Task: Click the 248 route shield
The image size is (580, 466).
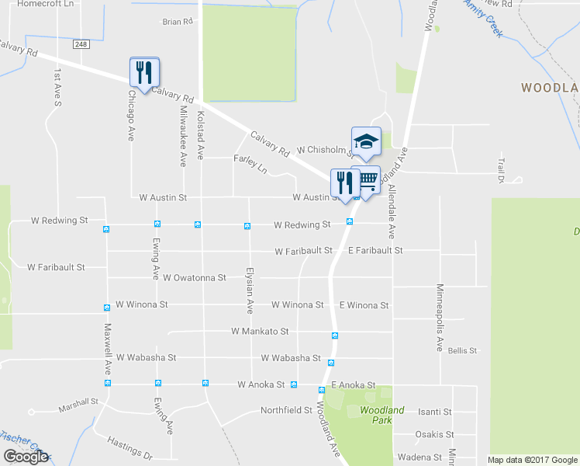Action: pos(81,44)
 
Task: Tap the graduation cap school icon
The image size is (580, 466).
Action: pos(366,141)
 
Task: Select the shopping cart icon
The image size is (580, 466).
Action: pos(366,180)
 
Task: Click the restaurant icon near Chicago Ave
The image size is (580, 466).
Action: pos(144,72)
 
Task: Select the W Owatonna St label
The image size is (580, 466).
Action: pos(189,277)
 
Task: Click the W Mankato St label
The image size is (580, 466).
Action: pos(260,331)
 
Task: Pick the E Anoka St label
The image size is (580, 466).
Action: pos(353,385)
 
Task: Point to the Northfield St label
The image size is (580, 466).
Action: pos(286,410)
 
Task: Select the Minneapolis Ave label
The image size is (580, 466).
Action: pos(440,318)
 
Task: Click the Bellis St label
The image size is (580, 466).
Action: pos(462,351)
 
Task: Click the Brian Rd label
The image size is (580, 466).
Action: pos(177,22)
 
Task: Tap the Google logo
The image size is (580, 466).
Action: pos(26,457)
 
